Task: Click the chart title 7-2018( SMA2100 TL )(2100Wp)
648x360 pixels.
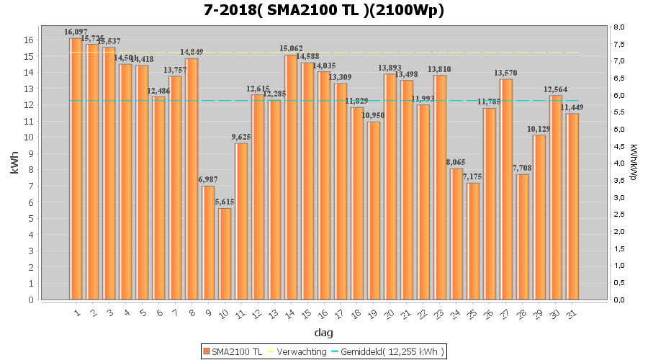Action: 323,11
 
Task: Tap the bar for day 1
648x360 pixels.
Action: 76,168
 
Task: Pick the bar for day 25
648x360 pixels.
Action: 472,241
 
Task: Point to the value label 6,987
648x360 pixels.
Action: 208,179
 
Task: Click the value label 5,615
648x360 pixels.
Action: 225,202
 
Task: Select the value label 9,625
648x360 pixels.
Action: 242,137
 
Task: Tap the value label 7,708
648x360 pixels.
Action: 522,168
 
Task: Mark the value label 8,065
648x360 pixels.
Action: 456,162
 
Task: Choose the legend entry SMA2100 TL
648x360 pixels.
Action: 232,351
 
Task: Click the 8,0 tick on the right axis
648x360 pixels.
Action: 618,27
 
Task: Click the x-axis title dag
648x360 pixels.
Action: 323,333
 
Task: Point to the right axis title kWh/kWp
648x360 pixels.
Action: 633,163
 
